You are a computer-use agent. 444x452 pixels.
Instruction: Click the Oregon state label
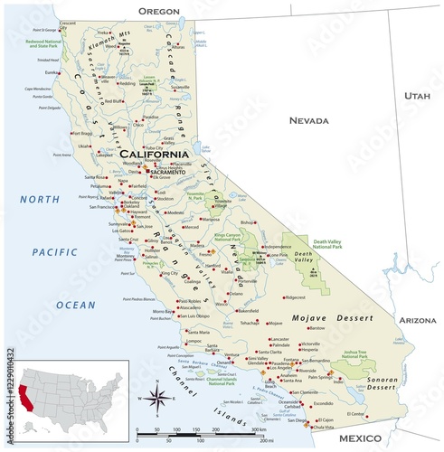(158, 11)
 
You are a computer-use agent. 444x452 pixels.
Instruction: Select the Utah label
(417, 94)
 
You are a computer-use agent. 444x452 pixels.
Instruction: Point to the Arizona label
(418, 320)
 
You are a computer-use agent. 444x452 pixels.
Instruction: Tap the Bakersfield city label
(247, 311)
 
